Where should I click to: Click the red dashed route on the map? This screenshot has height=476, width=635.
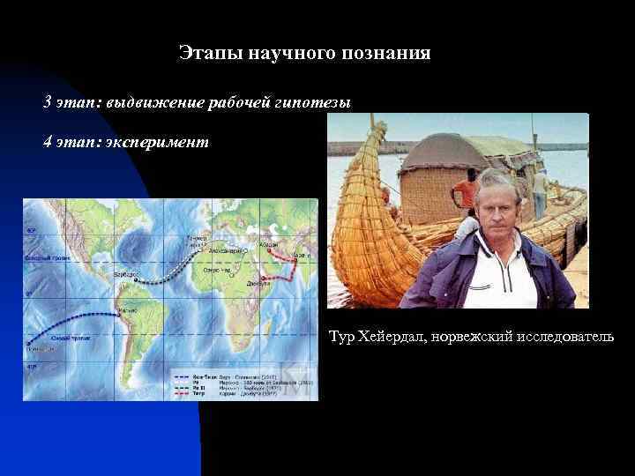tap(282, 264)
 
